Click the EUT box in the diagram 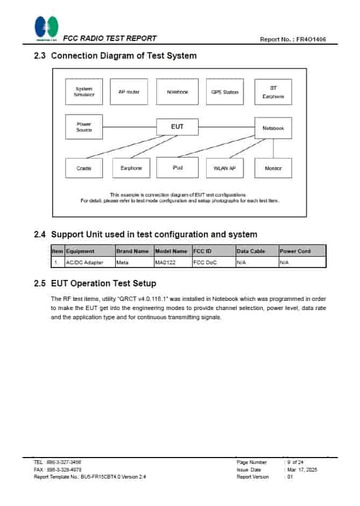click(x=177, y=127)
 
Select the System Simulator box click(x=84, y=92)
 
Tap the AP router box click(x=129, y=92)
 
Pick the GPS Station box click(x=224, y=92)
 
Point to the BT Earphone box click(x=273, y=92)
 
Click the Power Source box click(x=84, y=127)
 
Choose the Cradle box click(x=84, y=168)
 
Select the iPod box click(x=178, y=168)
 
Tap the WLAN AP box click(x=224, y=168)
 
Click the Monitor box click(x=273, y=168)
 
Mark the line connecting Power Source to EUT click(x=129, y=127)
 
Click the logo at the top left click(x=46, y=28)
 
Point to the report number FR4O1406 click(x=308, y=39)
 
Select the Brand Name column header click(x=132, y=251)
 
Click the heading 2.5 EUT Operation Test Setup click(x=103, y=283)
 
